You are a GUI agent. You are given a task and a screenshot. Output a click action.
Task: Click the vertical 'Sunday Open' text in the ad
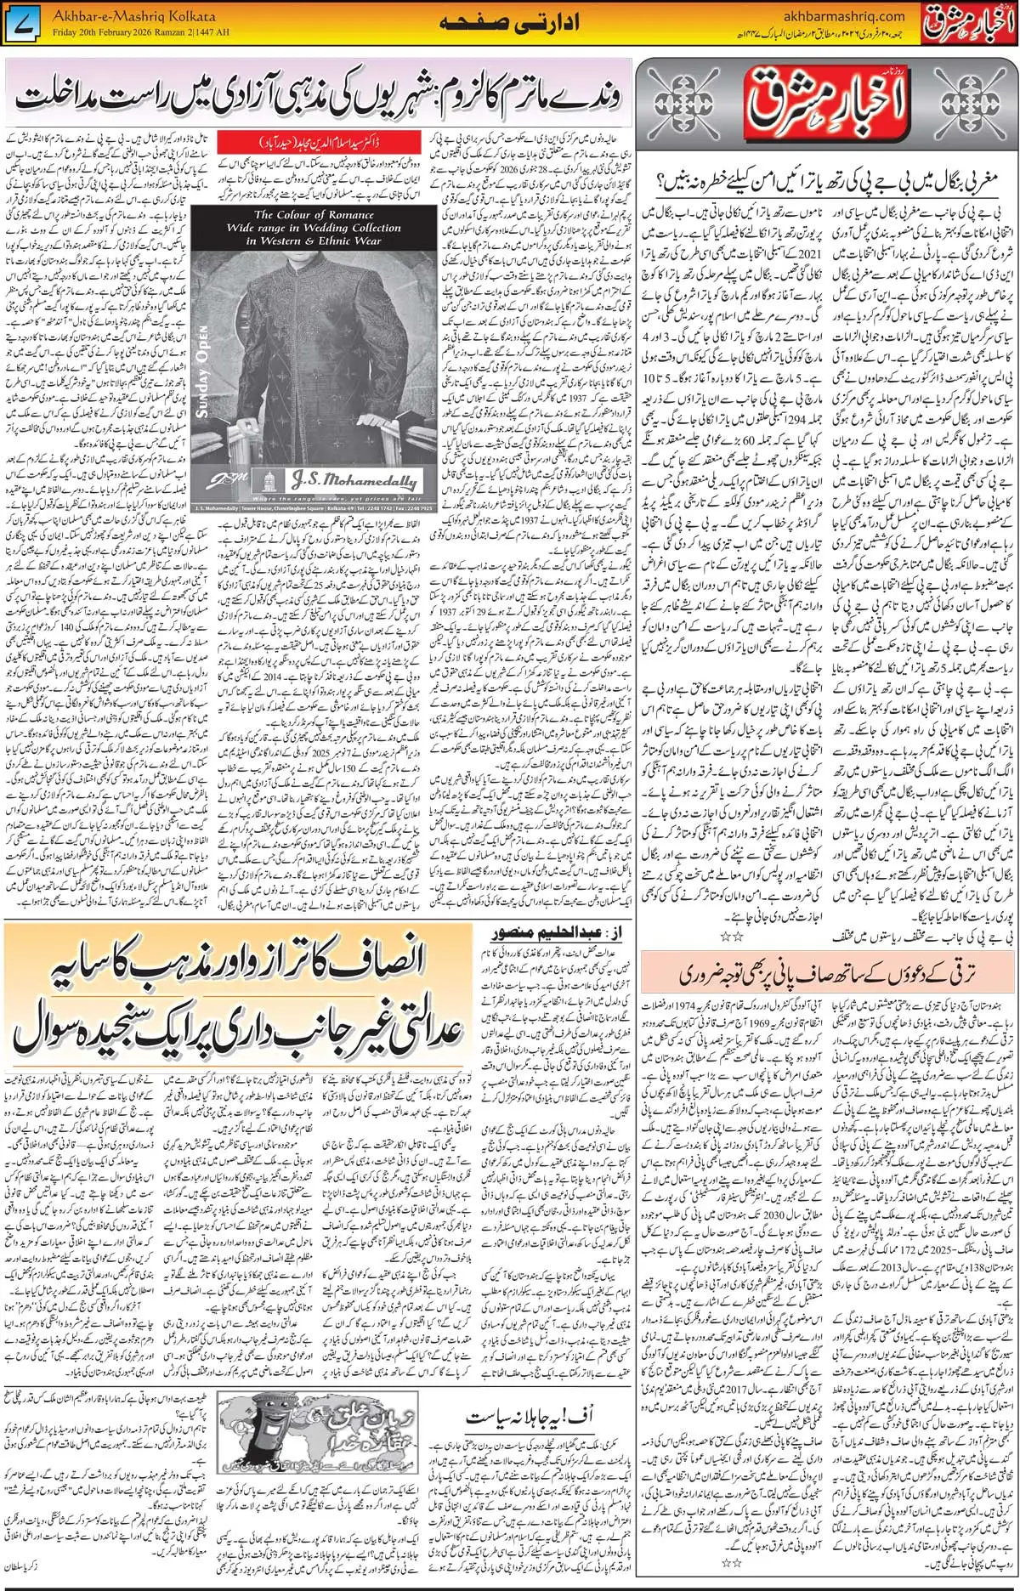pyautogui.click(x=202, y=372)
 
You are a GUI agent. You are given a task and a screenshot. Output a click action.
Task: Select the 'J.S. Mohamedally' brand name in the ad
pyautogui.click(x=353, y=481)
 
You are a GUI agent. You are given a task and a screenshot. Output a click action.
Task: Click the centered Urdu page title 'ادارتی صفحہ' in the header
pyautogui.click(x=510, y=23)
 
